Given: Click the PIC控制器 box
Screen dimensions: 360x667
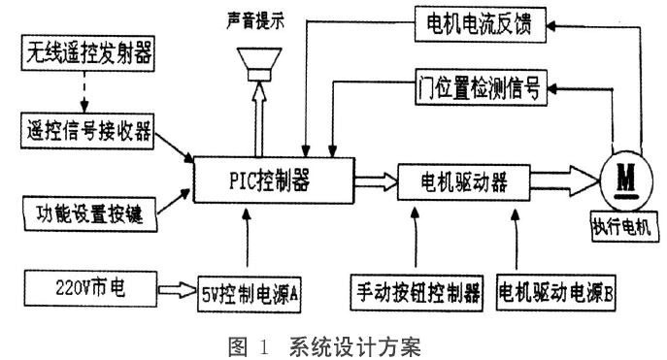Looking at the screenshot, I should pyautogui.click(x=274, y=178).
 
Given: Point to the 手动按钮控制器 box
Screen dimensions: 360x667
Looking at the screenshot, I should pyautogui.click(x=417, y=289).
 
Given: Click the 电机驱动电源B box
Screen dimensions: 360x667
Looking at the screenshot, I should pyautogui.click(x=552, y=289).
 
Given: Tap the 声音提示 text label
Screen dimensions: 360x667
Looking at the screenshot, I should pyautogui.click(x=257, y=18).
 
